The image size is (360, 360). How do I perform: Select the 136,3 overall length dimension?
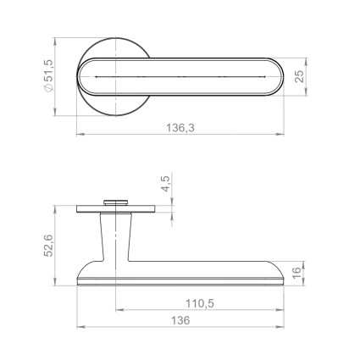(x=180, y=129)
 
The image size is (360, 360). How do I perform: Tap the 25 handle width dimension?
(x=300, y=76)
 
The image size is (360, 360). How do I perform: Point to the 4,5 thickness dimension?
(x=166, y=184)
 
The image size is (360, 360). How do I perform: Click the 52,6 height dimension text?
(x=48, y=246)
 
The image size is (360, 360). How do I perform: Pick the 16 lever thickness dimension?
(x=296, y=274)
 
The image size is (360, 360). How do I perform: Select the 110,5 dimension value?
(x=200, y=304)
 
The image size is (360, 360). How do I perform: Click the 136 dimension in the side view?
(x=180, y=321)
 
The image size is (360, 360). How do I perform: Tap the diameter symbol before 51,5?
(x=48, y=88)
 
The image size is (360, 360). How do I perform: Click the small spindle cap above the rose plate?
(x=116, y=202)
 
